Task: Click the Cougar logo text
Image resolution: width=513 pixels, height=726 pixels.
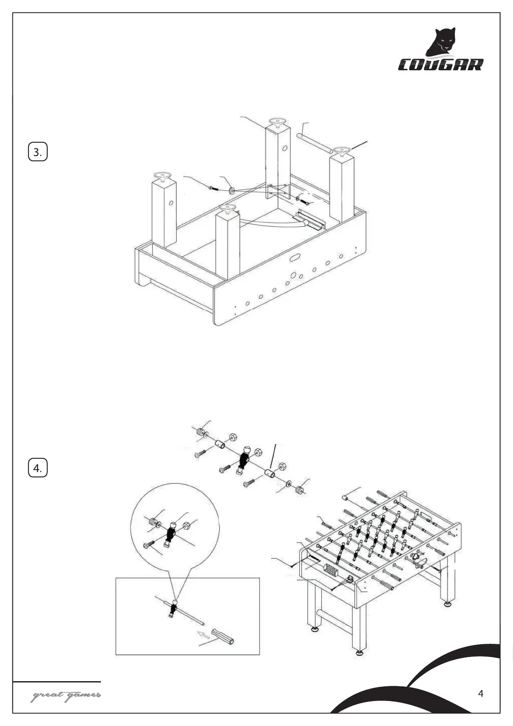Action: [x=440, y=65]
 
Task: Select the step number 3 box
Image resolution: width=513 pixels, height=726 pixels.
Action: [x=38, y=152]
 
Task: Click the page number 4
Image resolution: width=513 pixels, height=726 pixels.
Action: [x=481, y=694]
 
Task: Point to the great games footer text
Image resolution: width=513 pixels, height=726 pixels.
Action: [x=66, y=695]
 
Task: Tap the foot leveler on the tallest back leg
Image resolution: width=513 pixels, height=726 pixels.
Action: [x=277, y=122]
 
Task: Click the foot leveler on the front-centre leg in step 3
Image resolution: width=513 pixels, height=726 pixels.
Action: [x=227, y=210]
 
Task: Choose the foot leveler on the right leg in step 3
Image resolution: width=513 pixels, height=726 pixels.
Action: [x=342, y=151]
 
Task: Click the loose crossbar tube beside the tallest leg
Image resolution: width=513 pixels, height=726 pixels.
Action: [x=314, y=143]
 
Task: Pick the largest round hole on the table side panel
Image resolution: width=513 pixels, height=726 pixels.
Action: [x=294, y=275]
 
